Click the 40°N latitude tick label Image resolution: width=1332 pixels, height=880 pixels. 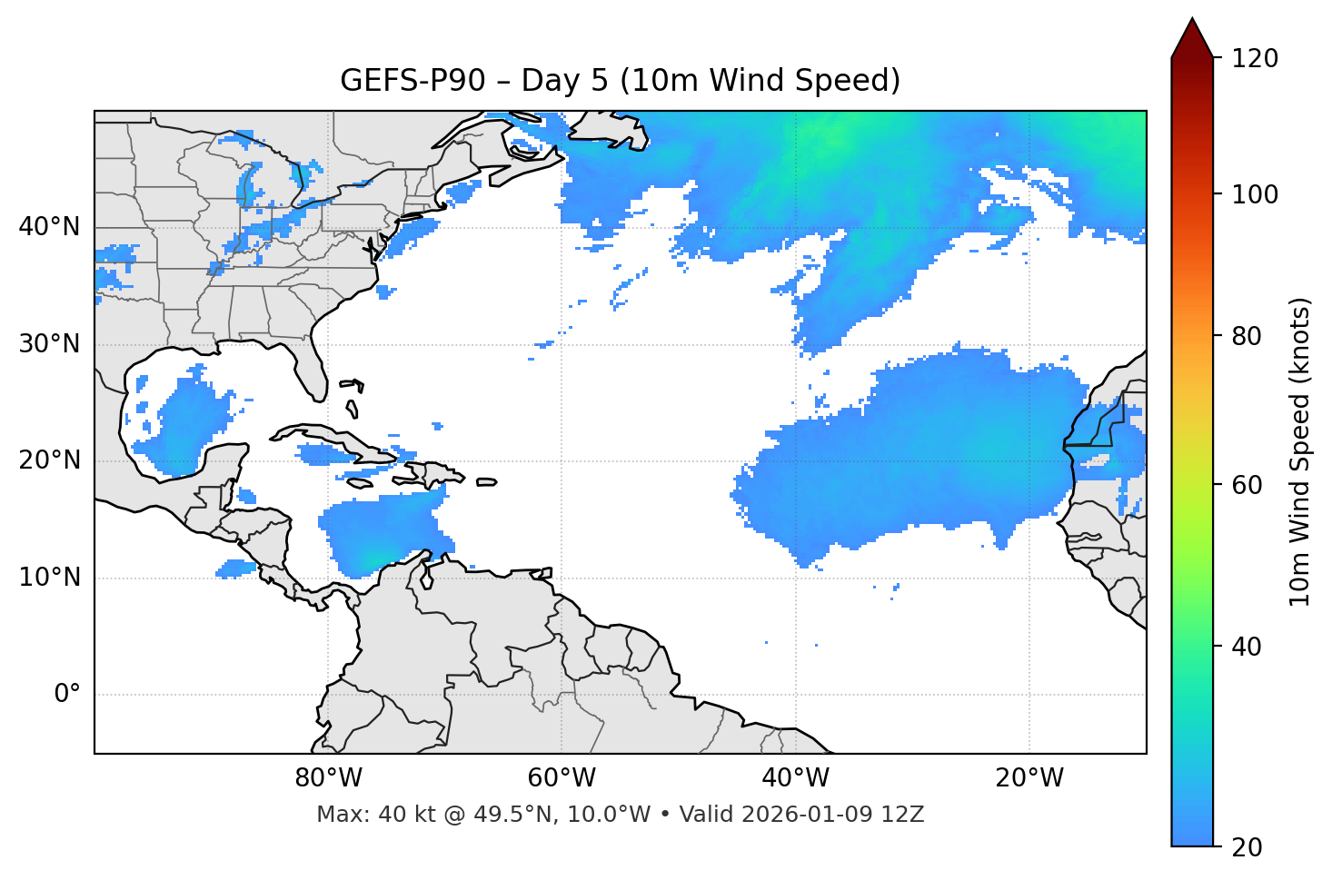(49, 227)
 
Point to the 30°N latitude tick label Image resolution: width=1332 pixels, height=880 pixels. (49, 344)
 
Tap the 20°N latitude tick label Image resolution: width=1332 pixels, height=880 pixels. (49, 460)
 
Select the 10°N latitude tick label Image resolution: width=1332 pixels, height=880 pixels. (49, 578)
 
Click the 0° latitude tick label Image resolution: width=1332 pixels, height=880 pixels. (67, 695)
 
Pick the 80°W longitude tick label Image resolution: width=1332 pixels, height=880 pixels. (328, 778)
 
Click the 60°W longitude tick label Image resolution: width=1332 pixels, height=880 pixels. (562, 778)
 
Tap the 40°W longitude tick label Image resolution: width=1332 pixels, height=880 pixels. (795, 778)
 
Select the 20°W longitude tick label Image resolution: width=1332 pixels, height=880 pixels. (1029, 778)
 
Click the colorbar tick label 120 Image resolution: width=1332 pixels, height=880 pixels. (1255, 58)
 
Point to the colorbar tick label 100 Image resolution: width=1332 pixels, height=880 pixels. (1255, 194)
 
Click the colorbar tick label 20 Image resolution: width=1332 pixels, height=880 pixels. (1247, 847)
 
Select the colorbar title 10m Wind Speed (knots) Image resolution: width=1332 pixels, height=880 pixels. (1300, 451)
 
